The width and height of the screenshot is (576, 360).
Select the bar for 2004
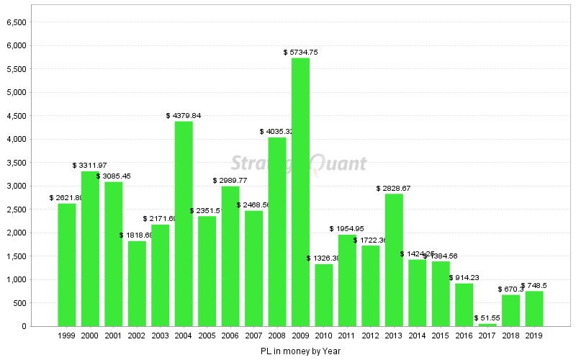(x=184, y=224)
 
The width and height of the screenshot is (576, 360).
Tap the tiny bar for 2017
(x=487, y=325)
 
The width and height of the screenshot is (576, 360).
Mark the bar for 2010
(x=324, y=295)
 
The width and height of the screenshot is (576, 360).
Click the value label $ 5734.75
(x=301, y=53)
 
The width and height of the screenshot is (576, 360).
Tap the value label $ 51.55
(x=487, y=318)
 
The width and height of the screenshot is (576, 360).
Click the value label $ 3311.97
(x=90, y=166)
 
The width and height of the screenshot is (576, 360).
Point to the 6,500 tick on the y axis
(x=16, y=22)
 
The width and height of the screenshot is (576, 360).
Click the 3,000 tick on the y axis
(x=16, y=186)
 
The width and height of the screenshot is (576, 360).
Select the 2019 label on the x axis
(x=534, y=336)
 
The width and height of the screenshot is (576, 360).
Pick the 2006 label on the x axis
(x=230, y=336)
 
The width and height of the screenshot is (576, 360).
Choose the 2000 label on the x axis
(x=90, y=336)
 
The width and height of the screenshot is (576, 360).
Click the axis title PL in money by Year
(x=301, y=351)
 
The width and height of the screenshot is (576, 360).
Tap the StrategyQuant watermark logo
(x=299, y=164)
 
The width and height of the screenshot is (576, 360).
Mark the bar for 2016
(x=464, y=305)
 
